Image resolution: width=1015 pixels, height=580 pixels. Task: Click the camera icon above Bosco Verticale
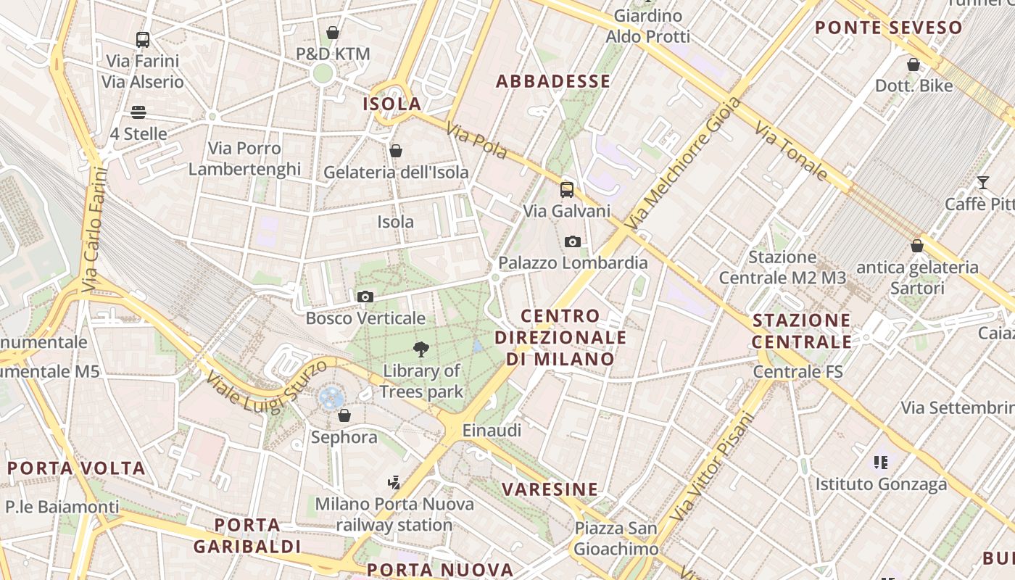click(x=365, y=297)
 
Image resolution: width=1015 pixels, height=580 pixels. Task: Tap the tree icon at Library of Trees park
click(x=420, y=349)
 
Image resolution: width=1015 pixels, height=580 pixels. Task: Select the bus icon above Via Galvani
click(x=567, y=190)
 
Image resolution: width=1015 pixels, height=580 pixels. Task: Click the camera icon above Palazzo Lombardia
click(x=573, y=241)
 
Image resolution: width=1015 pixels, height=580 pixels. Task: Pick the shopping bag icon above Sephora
click(x=344, y=415)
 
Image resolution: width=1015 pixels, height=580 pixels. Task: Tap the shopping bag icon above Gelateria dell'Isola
click(x=396, y=151)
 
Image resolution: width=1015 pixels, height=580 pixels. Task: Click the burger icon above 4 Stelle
click(x=138, y=112)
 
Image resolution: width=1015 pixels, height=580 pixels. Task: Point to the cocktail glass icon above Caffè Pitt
click(x=983, y=182)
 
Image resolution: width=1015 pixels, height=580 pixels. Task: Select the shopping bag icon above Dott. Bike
click(x=913, y=65)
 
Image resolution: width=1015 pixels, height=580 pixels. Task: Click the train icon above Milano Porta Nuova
click(x=394, y=482)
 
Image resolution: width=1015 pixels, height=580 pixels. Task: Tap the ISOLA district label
click(x=392, y=104)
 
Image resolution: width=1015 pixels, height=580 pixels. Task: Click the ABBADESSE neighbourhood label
click(x=553, y=81)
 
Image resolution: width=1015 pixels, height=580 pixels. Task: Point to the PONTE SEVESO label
click(x=889, y=28)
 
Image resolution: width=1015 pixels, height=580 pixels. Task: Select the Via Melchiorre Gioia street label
click(x=683, y=164)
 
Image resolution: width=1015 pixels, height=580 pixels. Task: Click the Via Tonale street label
click(x=791, y=152)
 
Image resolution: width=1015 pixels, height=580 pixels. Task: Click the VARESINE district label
click(x=550, y=489)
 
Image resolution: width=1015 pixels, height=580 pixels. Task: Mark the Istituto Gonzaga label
click(x=882, y=484)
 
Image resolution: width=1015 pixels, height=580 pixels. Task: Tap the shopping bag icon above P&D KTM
click(x=333, y=33)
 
